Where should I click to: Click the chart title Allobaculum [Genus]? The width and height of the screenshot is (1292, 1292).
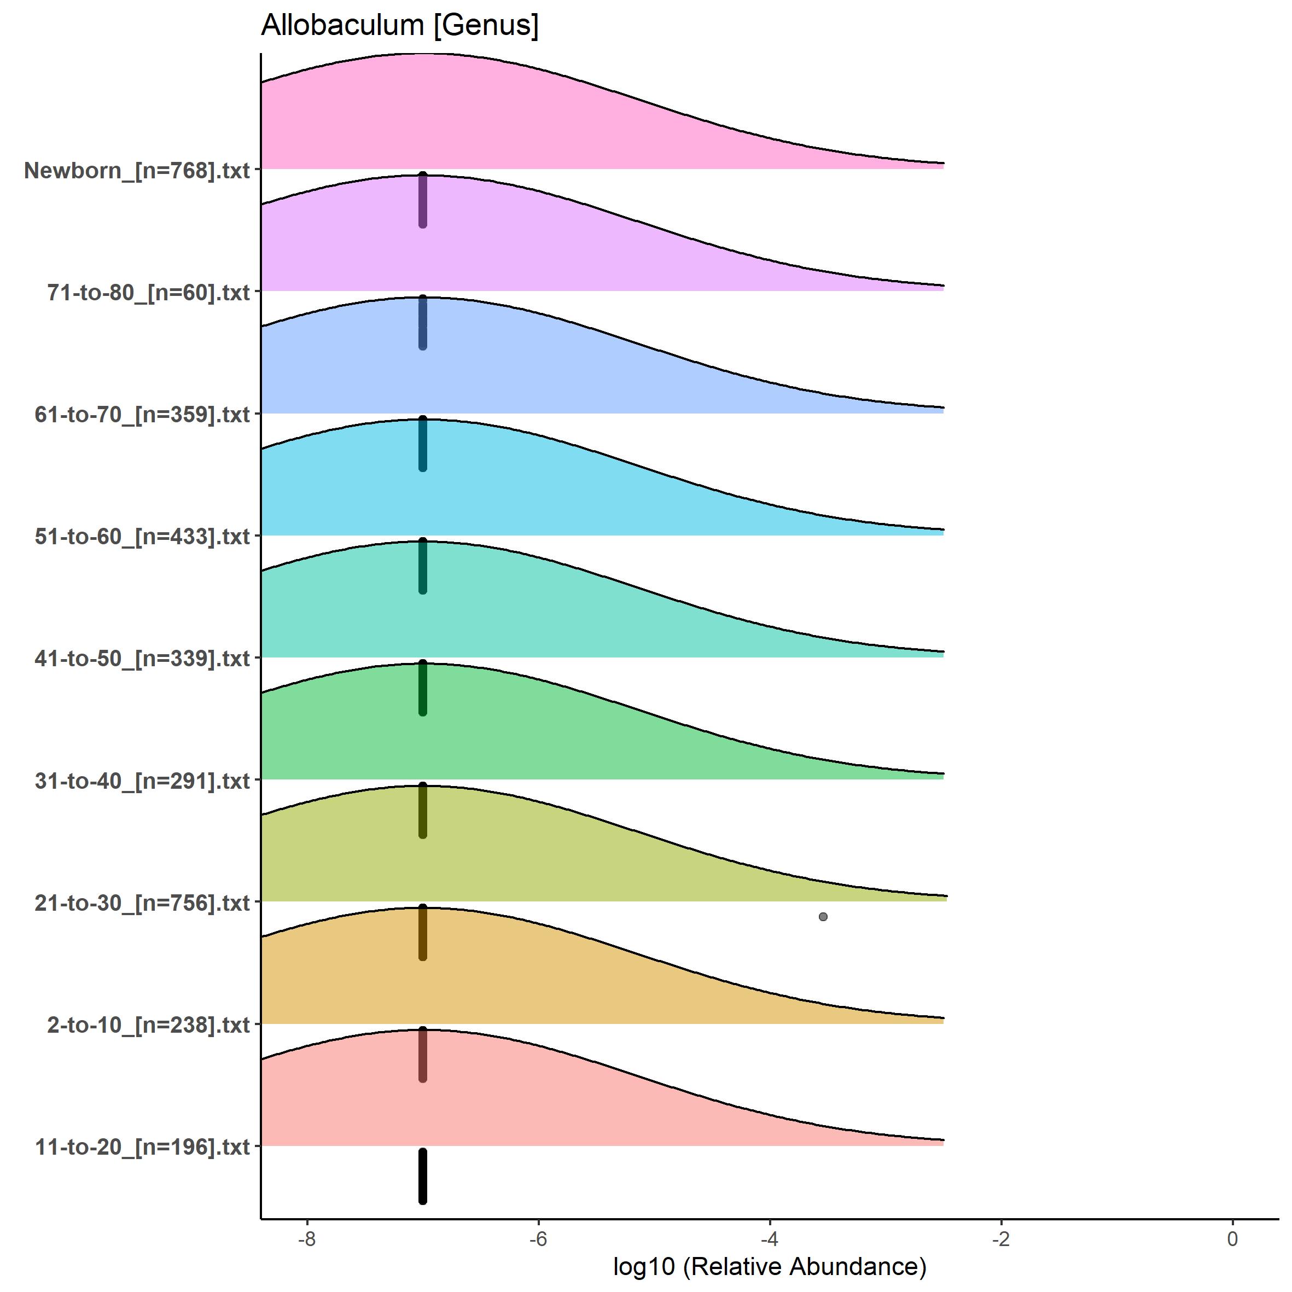click(x=399, y=25)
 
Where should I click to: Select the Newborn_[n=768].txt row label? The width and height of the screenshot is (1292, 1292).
click(x=136, y=171)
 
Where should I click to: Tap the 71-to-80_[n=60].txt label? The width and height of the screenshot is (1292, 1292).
click(x=148, y=293)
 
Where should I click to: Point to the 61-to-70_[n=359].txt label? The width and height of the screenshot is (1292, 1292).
click(x=142, y=415)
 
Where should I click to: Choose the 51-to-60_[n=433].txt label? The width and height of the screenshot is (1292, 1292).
click(x=142, y=537)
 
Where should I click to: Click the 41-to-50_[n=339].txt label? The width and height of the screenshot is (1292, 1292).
click(x=142, y=659)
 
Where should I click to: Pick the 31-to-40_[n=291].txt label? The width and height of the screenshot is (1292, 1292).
click(x=142, y=781)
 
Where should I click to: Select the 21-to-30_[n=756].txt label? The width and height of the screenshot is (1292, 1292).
click(x=142, y=904)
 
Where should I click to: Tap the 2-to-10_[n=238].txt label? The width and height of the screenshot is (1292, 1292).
click(x=148, y=1025)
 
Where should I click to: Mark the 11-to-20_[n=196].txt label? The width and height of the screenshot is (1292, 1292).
click(x=142, y=1148)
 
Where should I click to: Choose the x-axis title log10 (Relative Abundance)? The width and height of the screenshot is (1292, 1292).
click(x=769, y=1267)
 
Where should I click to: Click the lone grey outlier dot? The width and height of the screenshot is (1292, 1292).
click(x=823, y=917)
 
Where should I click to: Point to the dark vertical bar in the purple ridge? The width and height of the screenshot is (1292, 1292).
click(x=423, y=201)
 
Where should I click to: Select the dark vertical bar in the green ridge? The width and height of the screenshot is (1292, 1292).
click(x=423, y=689)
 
